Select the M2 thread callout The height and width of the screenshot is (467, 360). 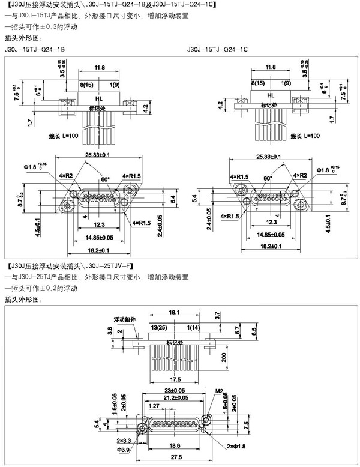(x=220, y=391)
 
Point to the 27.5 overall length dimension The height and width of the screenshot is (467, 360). (x=175, y=457)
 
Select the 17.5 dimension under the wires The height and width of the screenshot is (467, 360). (x=175, y=379)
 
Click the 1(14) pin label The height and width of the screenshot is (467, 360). (x=194, y=327)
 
